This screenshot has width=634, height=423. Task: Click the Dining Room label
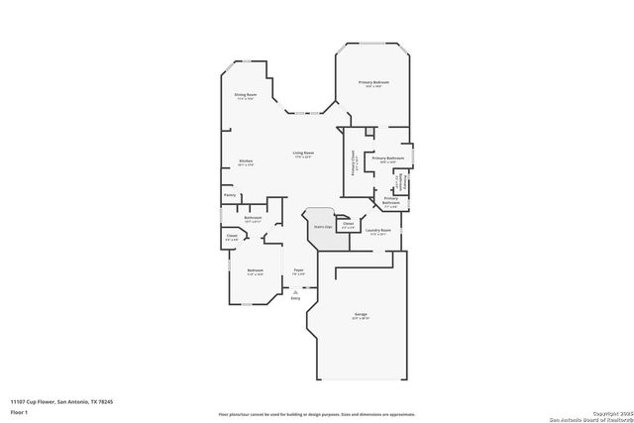pyautogui.click(x=246, y=95)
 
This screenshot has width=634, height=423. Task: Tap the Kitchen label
pyautogui.click(x=246, y=161)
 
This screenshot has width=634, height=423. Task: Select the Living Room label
pyautogui.click(x=302, y=153)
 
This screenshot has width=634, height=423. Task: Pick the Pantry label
pyautogui.click(x=230, y=195)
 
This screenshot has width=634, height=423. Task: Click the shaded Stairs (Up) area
pyautogui.click(x=322, y=227)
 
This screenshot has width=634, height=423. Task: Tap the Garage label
pyautogui.click(x=360, y=315)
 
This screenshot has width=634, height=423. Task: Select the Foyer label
pyautogui.click(x=298, y=269)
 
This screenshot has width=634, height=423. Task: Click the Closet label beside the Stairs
pyautogui.click(x=348, y=224)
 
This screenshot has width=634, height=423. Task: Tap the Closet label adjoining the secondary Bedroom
pyautogui.click(x=231, y=236)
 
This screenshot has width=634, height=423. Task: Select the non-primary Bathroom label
pyautogui.click(x=253, y=218)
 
